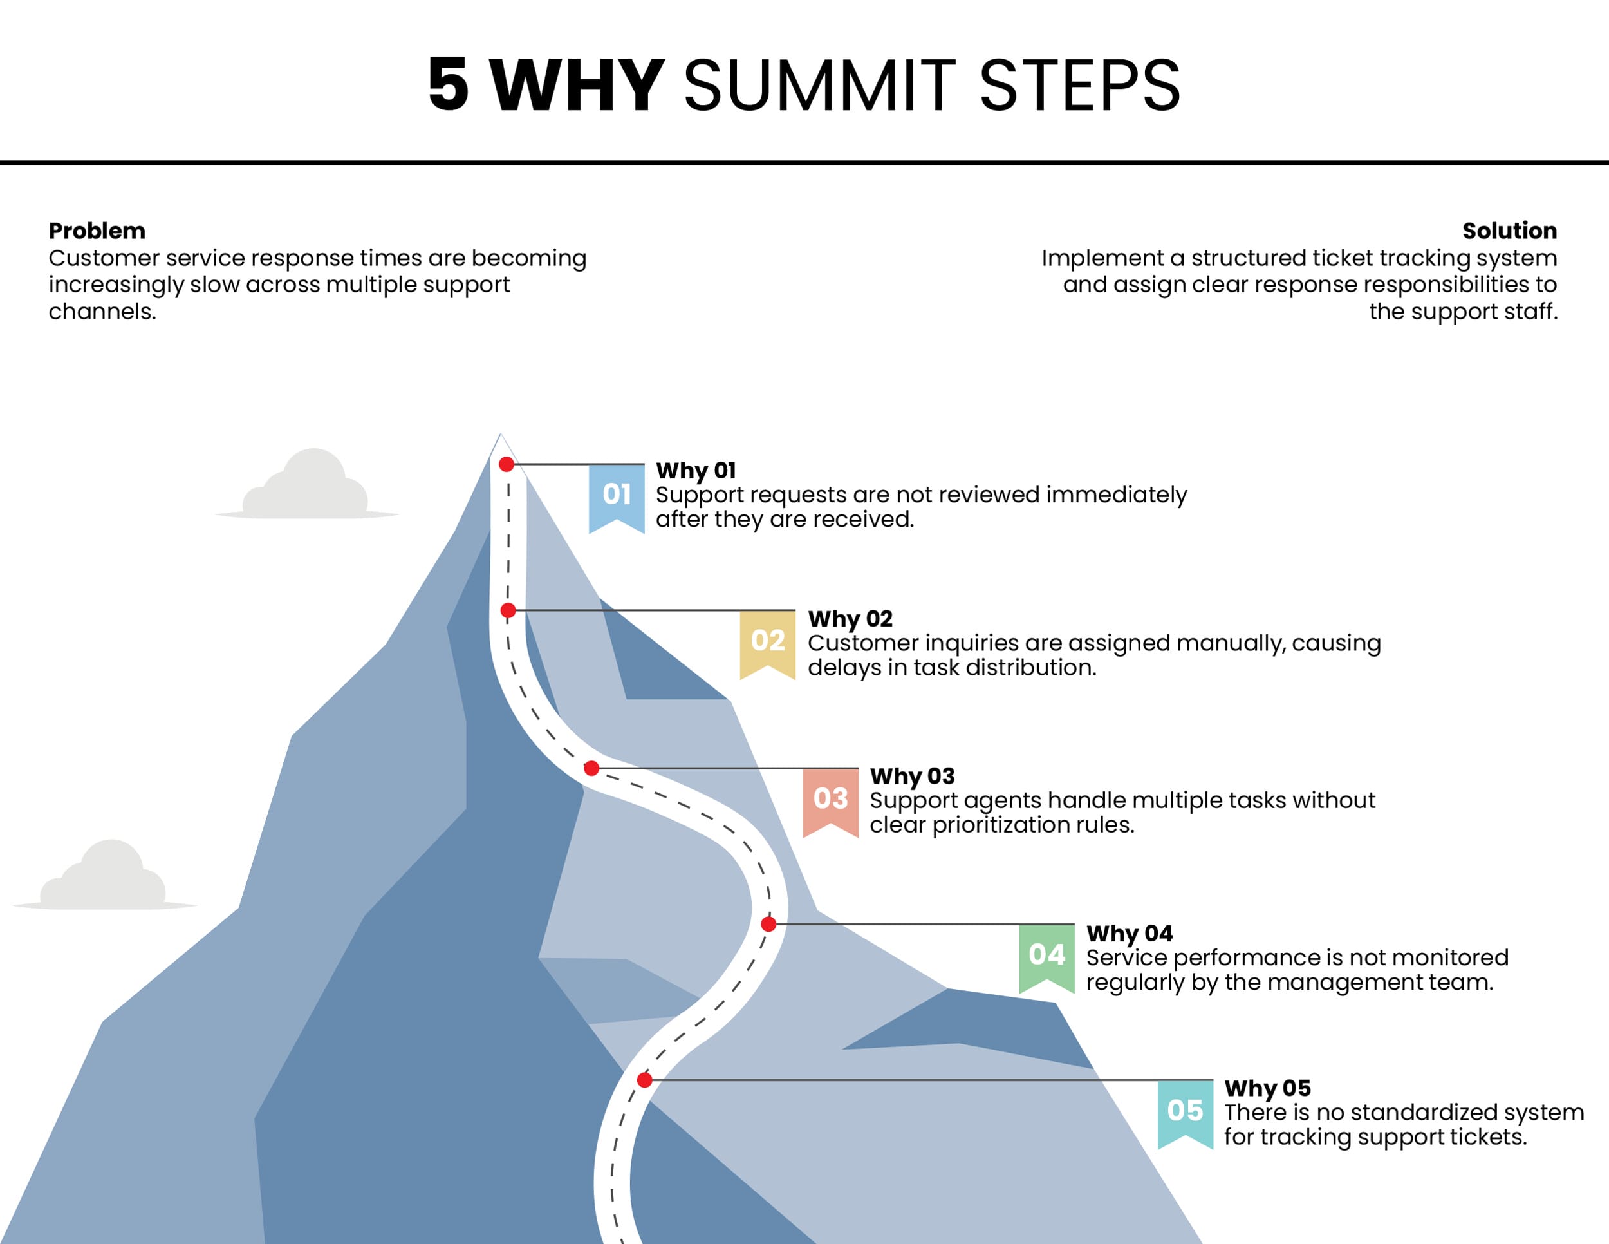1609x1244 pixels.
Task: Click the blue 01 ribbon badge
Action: click(617, 495)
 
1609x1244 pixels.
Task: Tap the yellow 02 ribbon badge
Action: click(768, 641)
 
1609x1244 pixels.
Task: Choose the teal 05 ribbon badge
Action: click(1185, 1111)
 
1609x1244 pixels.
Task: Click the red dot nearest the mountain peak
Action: click(506, 464)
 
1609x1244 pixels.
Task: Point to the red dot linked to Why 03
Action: click(591, 769)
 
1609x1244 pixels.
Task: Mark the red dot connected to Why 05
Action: click(645, 1080)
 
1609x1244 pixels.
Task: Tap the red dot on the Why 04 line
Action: click(768, 924)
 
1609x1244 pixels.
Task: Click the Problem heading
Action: click(97, 231)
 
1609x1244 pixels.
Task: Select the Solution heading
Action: click(1509, 231)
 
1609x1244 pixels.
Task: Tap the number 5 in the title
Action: click(448, 86)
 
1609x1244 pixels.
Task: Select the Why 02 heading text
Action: click(850, 618)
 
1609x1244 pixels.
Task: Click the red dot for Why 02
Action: click(508, 610)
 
